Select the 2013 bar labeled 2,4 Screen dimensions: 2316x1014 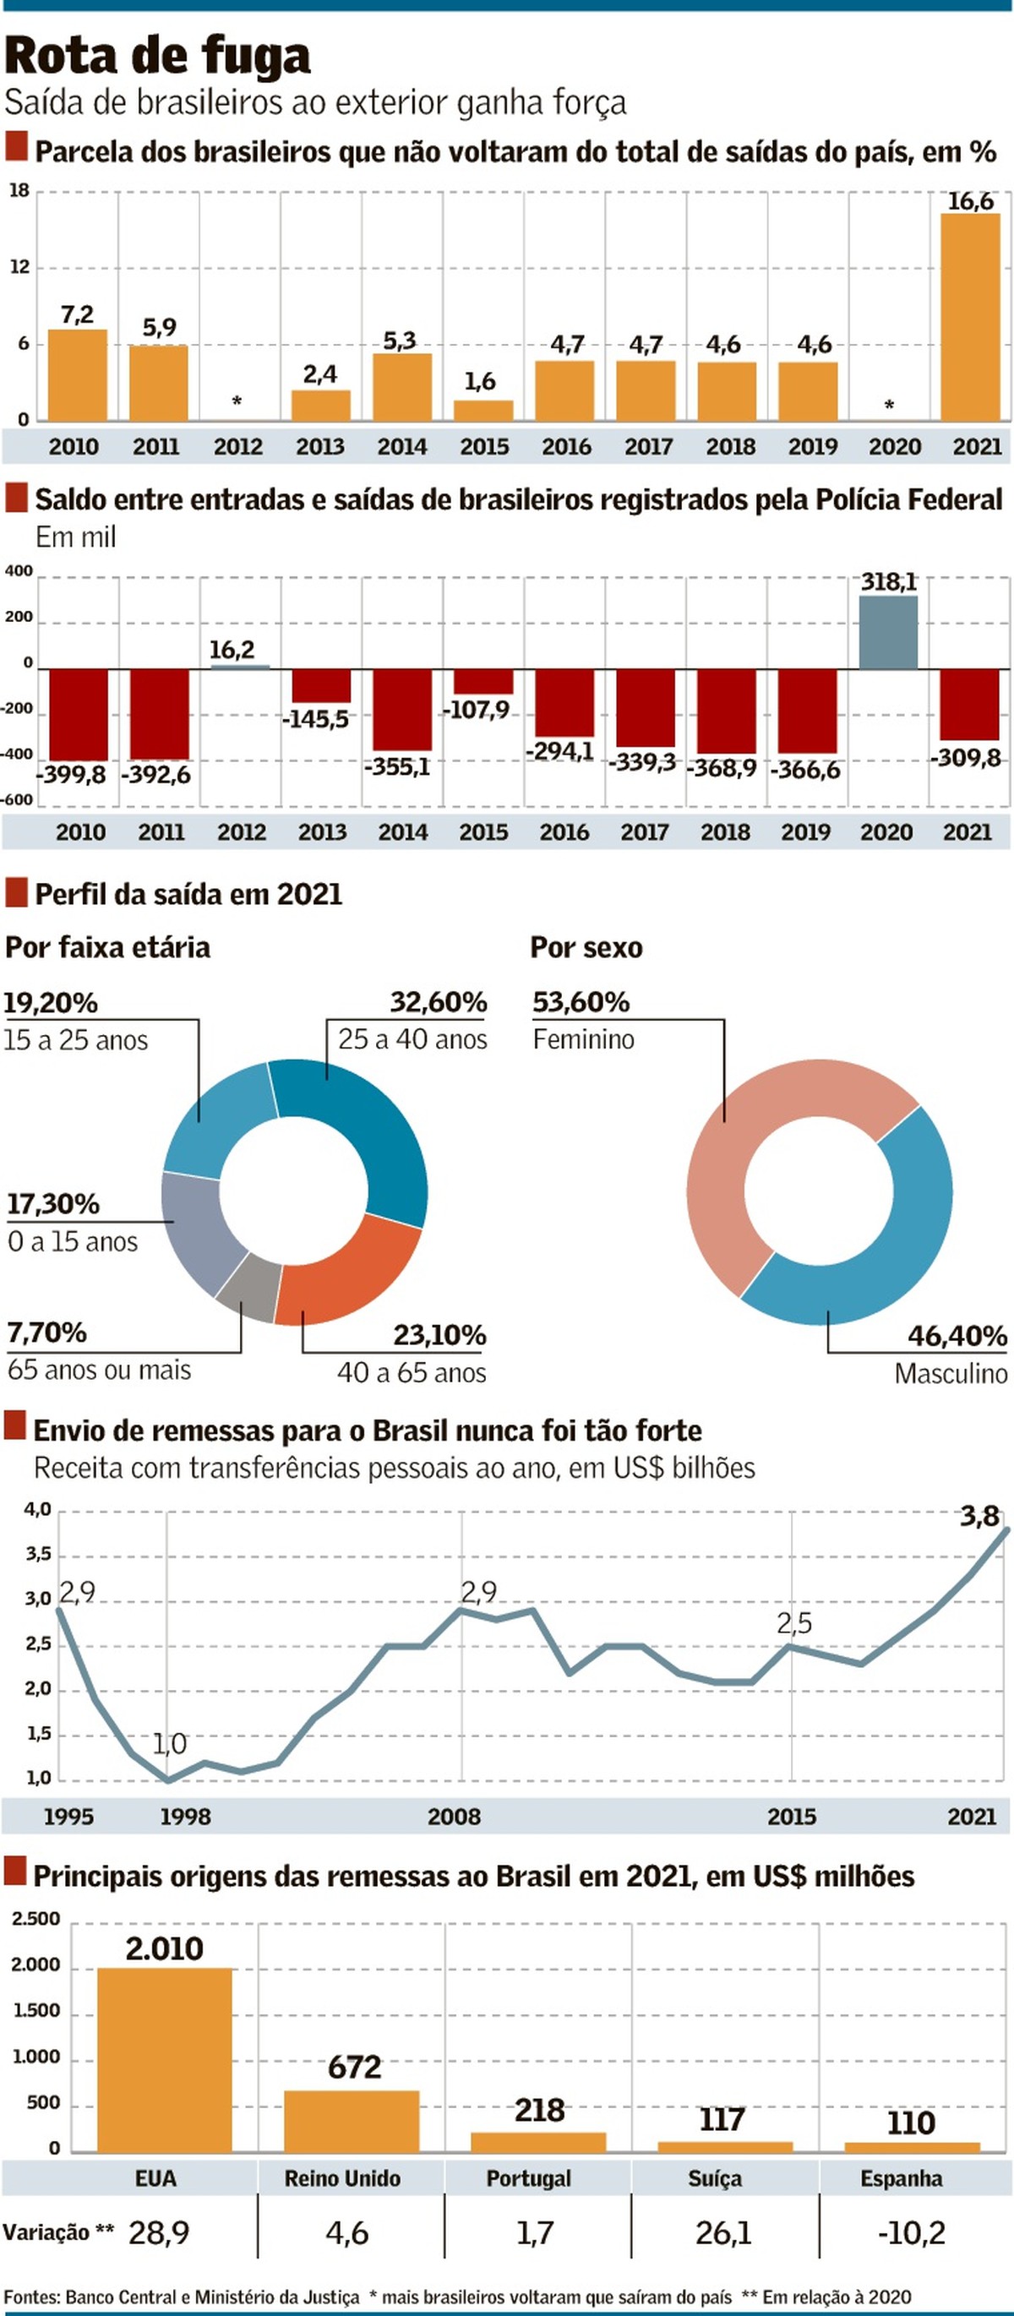click(x=320, y=406)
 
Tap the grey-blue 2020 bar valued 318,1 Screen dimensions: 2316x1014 click(x=887, y=633)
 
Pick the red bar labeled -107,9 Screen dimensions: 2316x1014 click(x=482, y=682)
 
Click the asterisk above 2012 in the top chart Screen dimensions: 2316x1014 click(x=237, y=401)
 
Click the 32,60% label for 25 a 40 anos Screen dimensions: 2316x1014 click(x=438, y=1001)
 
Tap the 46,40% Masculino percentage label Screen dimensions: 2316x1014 click(x=957, y=1336)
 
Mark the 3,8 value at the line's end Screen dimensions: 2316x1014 click(x=979, y=1517)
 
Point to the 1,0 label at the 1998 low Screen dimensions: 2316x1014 click(x=169, y=1744)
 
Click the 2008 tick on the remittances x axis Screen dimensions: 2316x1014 click(x=454, y=1816)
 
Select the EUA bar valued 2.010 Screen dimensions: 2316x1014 click(x=164, y=2059)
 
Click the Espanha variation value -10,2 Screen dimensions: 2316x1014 click(x=911, y=2233)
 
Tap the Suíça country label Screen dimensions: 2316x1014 click(x=715, y=2178)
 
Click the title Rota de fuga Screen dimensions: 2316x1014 click(x=157, y=56)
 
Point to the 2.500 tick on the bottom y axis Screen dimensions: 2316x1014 click(x=36, y=1920)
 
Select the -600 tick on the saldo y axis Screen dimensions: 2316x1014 click(x=18, y=800)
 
